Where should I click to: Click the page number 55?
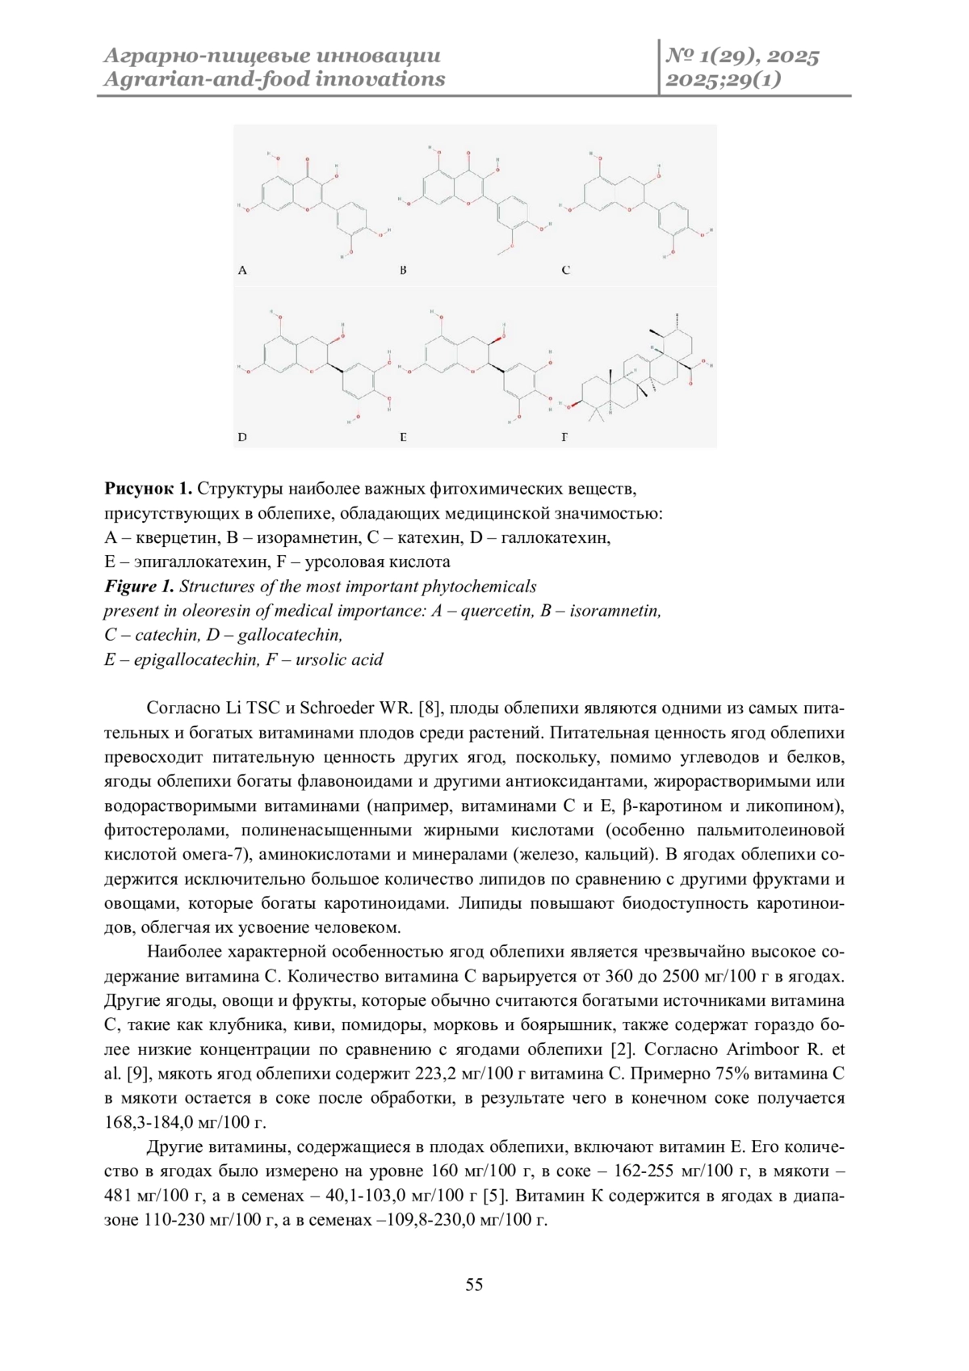pos(474,1285)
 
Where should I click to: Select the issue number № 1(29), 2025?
pos(742,56)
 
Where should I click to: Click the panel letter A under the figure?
pos(242,271)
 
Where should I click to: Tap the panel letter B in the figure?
pos(403,271)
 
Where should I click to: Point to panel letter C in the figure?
pos(565,271)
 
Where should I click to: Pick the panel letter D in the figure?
pos(242,437)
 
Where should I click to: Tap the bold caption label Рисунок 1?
pos(148,489)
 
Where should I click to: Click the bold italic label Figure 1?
pos(139,587)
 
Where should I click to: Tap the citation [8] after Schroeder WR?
pos(430,709)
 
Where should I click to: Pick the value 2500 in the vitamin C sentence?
pos(680,976)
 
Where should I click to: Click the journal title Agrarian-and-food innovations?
pos(275,79)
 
